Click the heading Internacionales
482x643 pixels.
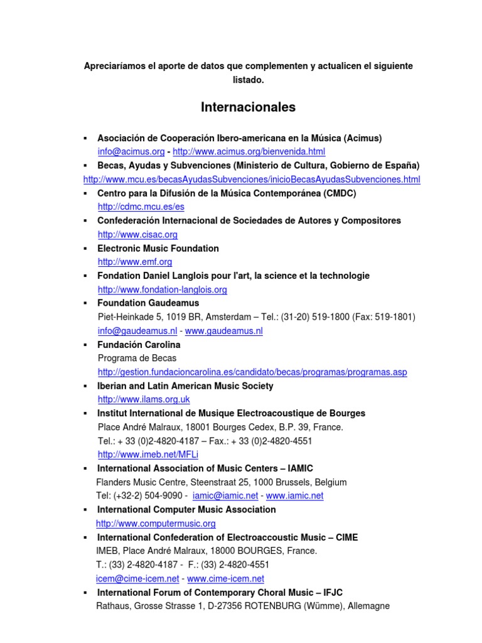click(248, 107)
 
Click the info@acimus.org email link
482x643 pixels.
click(131, 152)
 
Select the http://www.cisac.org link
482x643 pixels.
click(137, 234)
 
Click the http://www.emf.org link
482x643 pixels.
click(134, 262)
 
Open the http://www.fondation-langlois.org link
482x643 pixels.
click(162, 289)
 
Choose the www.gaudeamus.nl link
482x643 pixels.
click(223, 331)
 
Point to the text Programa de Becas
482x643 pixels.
click(137, 359)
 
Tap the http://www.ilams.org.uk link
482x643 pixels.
click(144, 399)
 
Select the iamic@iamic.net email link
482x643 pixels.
click(226, 495)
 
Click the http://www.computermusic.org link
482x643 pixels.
click(156, 523)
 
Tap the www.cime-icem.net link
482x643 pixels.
click(225, 578)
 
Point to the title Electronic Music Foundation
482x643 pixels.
click(158, 248)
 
